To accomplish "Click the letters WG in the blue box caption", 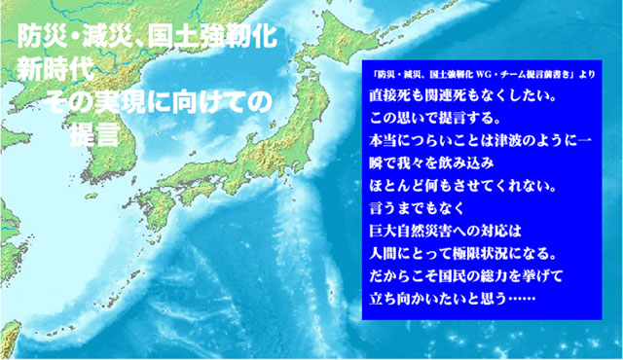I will click(x=486, y=74).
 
